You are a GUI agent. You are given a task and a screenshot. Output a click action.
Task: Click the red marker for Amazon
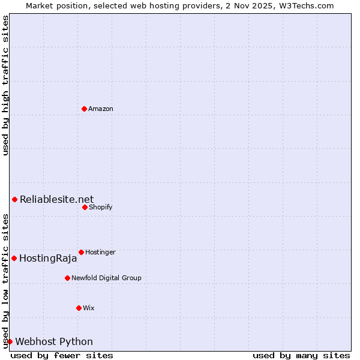(84, 109)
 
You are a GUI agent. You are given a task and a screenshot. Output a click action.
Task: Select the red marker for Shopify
(85, 207)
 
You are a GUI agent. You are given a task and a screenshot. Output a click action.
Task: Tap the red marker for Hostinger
(81, 252)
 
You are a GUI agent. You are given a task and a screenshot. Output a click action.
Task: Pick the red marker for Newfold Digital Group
(67, 278)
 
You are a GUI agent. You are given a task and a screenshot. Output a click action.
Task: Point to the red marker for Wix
(79, 308)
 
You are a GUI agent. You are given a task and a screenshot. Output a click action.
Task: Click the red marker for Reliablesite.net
(14, 199)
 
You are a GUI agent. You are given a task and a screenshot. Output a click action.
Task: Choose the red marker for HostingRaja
(14, 258)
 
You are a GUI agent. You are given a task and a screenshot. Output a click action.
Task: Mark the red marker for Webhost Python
(10, 341)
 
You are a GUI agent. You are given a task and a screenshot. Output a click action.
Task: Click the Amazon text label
(101, 109)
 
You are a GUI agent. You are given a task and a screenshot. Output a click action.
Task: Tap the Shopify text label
(101, 207)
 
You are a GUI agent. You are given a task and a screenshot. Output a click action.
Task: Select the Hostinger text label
(100, 252)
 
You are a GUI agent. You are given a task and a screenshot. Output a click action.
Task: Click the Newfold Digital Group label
(106, 278)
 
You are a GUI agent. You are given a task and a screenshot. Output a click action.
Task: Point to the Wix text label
(89, 308)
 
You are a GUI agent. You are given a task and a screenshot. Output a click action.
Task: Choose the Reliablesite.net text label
(56, 199)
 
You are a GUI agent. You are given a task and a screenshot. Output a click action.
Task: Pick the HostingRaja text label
(48, 258)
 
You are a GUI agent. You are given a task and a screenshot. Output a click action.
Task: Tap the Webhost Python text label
(54, 341)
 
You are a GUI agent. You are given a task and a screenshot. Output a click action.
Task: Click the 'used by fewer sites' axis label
(62, 355)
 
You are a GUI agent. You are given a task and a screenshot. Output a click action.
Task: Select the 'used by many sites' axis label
(301, 355)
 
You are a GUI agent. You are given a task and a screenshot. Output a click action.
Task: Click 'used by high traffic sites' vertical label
(5, 85)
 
